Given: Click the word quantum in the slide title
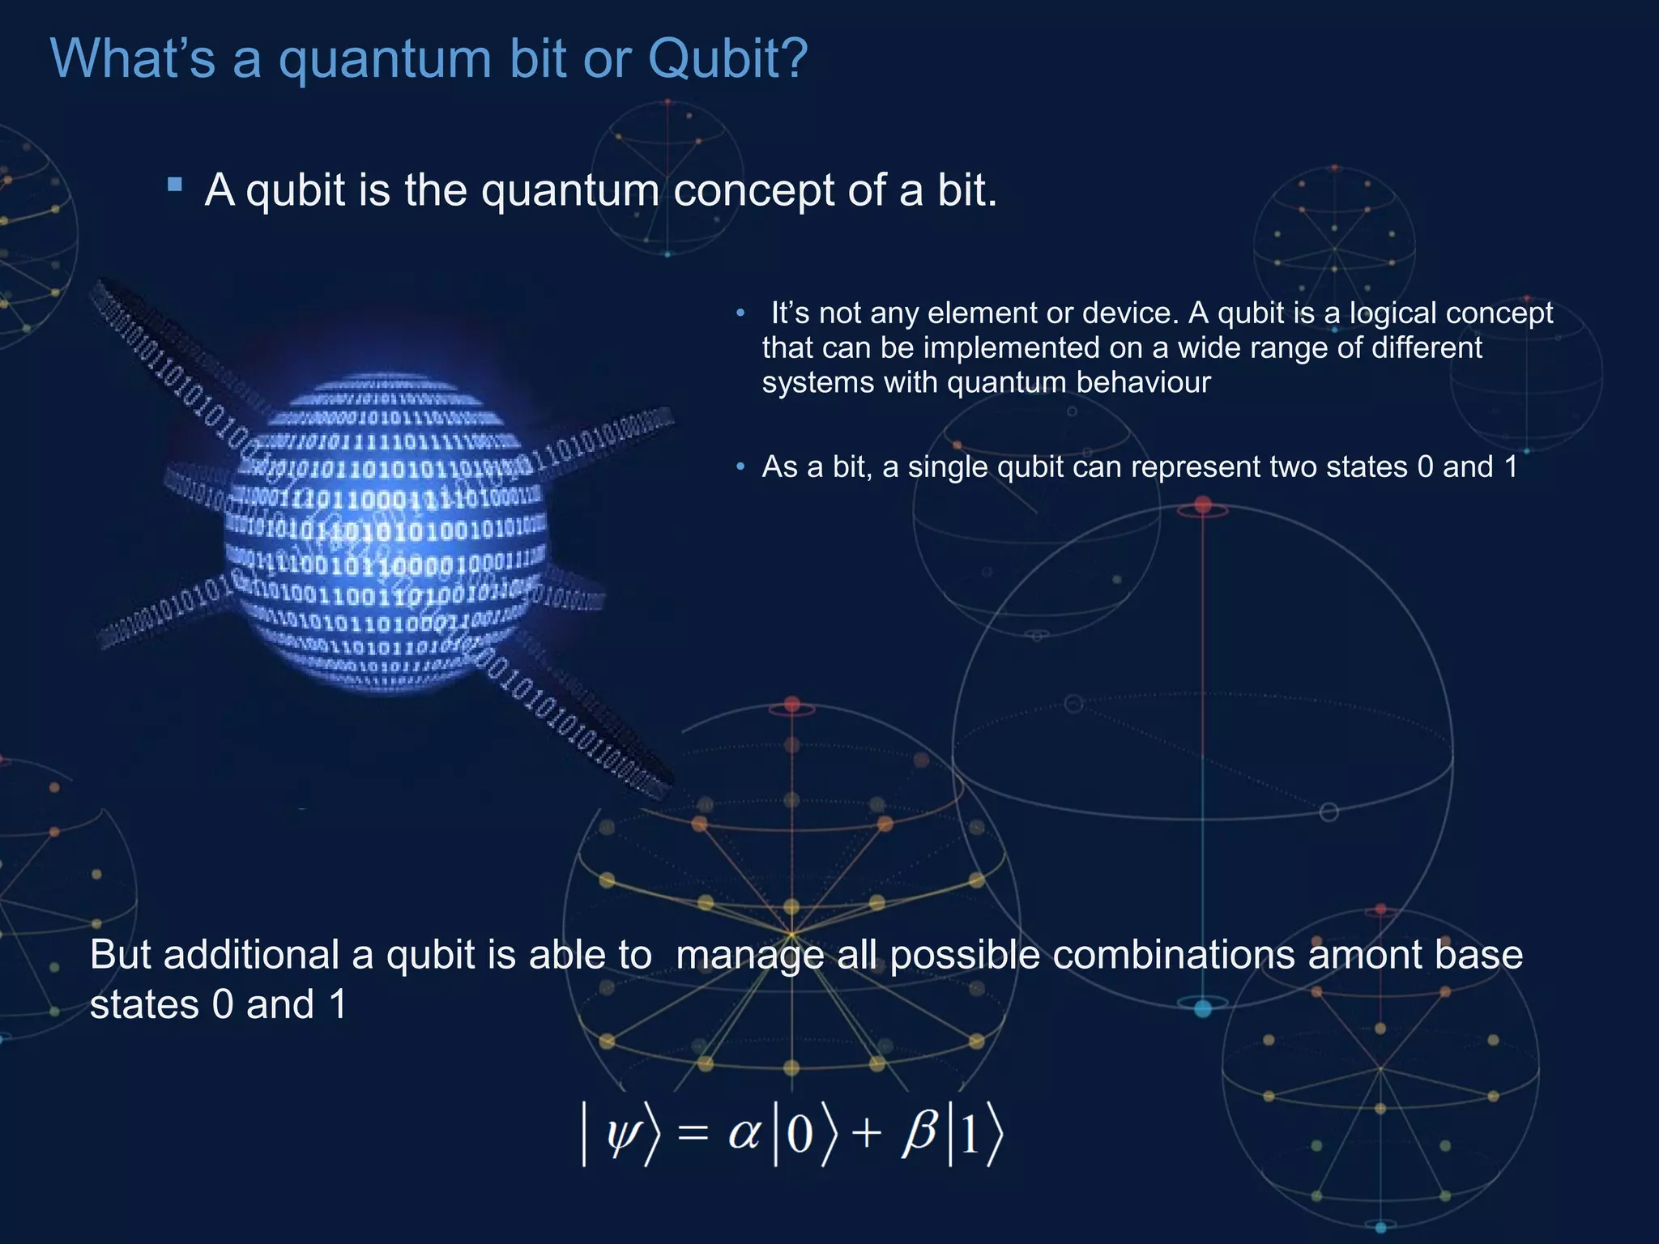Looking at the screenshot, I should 384,60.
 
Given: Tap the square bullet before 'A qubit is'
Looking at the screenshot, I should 175,185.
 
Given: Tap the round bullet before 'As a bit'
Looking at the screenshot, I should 740,467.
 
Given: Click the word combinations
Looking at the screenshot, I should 1175,955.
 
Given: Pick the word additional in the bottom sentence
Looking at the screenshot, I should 251,955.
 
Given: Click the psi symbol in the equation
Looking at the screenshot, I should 623,1132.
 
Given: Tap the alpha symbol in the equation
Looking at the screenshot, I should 744,1131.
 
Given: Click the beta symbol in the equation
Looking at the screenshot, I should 921,1131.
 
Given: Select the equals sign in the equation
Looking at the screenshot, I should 693,1132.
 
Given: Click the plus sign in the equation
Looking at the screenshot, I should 866,1132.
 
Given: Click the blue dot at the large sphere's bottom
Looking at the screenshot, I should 1203,1008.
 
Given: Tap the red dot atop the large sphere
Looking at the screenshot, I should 1203,506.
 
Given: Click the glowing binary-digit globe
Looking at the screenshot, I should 386,530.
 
